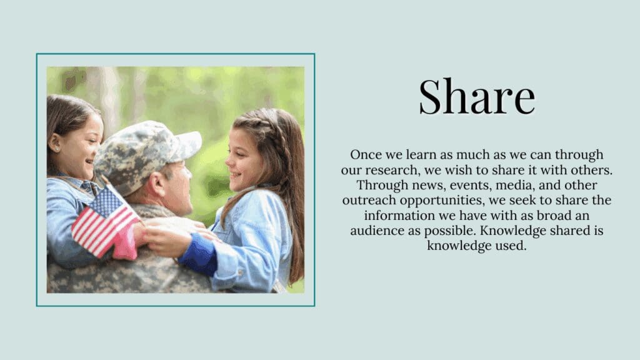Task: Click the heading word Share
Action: tap(477, 96)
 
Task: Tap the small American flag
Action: tap(105, 222)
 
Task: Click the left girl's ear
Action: tap(55, 142)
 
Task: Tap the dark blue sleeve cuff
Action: tap(198, 254)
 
